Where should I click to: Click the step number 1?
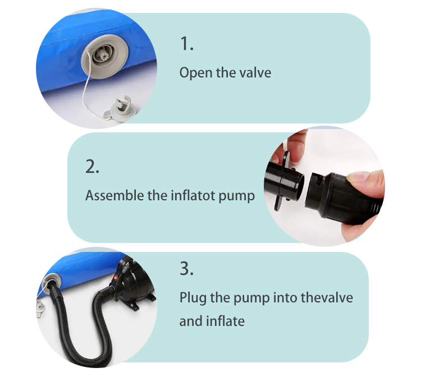click(x=186, y=43)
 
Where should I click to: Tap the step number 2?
click(x=92, y=166)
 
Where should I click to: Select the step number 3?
click(x=186, y=268)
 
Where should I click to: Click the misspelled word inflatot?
click(x=194, y=195)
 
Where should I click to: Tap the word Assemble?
click(x=115, y=195)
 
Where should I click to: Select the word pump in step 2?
click(x=236, y=196)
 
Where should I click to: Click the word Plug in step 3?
click(x=193, y=298)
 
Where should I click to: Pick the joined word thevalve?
click(x=327, y=297)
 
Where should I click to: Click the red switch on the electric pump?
click(x=116, y=278)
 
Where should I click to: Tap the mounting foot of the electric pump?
click(x=136, y=305)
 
